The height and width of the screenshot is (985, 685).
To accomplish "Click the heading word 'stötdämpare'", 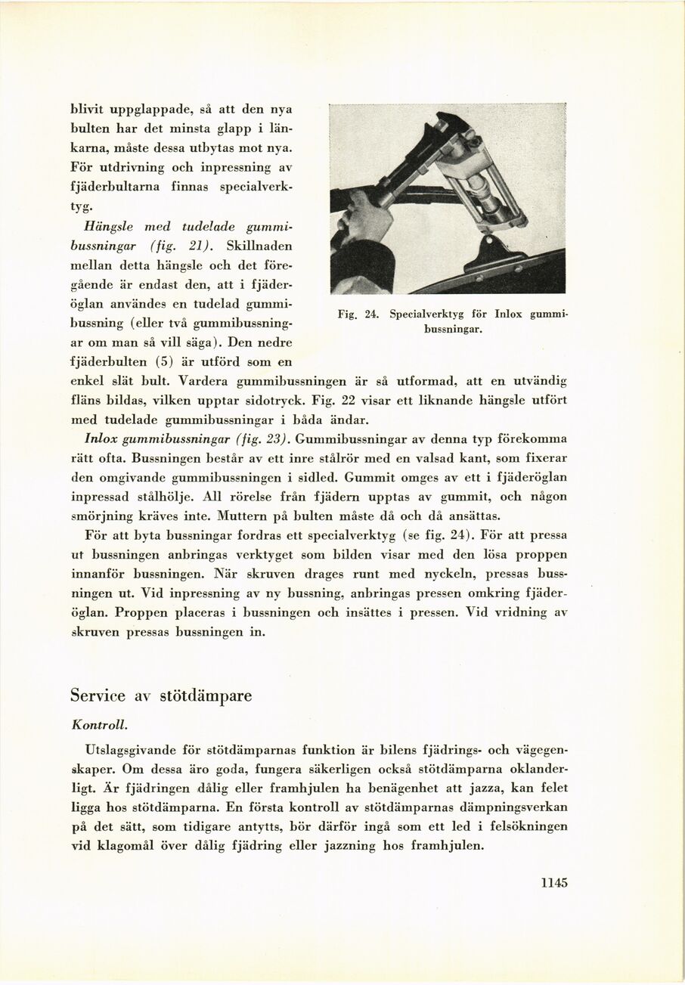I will coord(206,695).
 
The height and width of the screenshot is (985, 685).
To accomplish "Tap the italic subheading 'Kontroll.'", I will coord(99,724).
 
